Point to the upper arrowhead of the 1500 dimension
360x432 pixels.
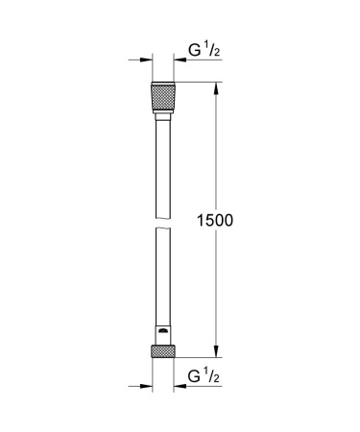pos(215,91)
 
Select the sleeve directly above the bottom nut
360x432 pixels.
pos(162,337)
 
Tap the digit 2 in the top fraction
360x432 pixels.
pos(218,53)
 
